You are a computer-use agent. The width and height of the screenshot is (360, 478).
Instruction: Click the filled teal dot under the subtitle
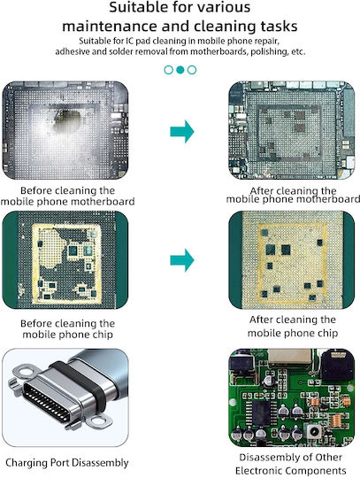[180, 70]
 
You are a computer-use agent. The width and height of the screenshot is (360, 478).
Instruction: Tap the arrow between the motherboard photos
[182, 131]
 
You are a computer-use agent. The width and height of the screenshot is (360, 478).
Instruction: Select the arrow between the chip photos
[182, 260]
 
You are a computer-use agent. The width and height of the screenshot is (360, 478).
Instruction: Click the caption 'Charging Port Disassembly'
[67, 462]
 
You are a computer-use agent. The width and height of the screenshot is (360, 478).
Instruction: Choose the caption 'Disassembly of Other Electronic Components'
[291, 464]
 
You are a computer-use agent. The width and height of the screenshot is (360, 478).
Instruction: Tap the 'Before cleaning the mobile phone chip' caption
[67, 328]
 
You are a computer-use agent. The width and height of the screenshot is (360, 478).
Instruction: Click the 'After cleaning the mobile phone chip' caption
[293, 326]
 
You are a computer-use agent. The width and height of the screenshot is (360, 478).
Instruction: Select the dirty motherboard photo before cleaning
[65, 130]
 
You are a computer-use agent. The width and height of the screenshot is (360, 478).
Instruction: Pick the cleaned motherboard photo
[292, 130]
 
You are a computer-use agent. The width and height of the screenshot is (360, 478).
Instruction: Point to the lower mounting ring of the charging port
[99, 420]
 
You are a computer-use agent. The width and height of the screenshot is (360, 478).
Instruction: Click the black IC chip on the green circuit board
[261, 412]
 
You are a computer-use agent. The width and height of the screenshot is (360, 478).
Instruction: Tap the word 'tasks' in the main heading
[279, 27]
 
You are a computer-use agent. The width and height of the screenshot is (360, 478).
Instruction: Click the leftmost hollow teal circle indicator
[168, 70]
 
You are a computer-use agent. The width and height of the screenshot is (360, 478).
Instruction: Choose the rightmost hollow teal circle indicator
[192, 70]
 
